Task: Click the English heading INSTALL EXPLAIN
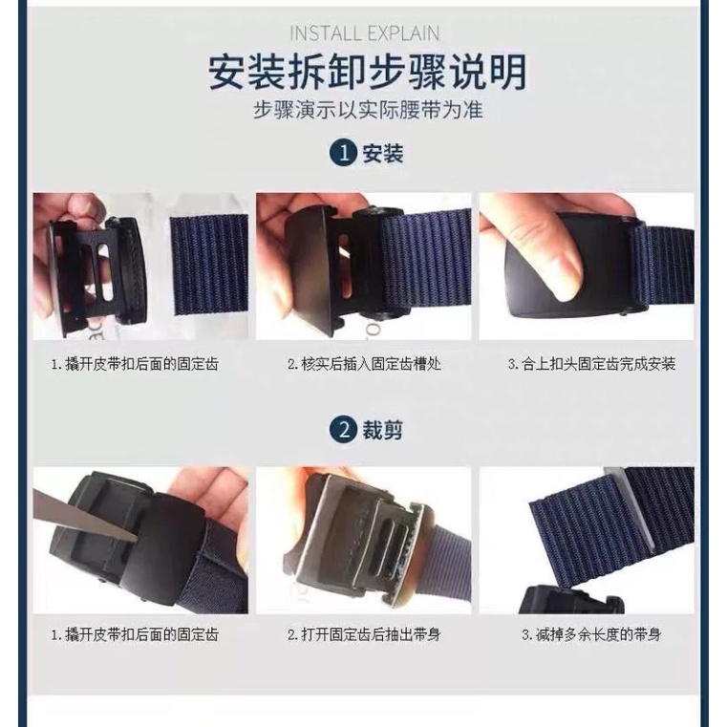(x=364, y=33)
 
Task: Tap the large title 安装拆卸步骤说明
(x=367, y=72)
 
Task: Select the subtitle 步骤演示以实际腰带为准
(x=368, y=110)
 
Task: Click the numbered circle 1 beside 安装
(x=343, y=153)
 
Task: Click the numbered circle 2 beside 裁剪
(x=343, y=429)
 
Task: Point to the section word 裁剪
(x=382, y=429)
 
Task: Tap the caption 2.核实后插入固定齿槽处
(x=364, y=364)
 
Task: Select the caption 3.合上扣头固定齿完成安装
(x=591, y=364)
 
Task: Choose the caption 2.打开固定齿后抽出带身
(x=364, y=634)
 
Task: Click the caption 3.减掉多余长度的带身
(x=591, y=634)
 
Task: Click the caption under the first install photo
(x=135, y=364)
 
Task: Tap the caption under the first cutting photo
(x=135, y=634)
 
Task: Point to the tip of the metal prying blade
(x=138, y=539)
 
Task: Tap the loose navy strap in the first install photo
(x=209, y=266)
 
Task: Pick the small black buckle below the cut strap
(x=571, y=600)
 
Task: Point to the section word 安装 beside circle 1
(x=382, y=153)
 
